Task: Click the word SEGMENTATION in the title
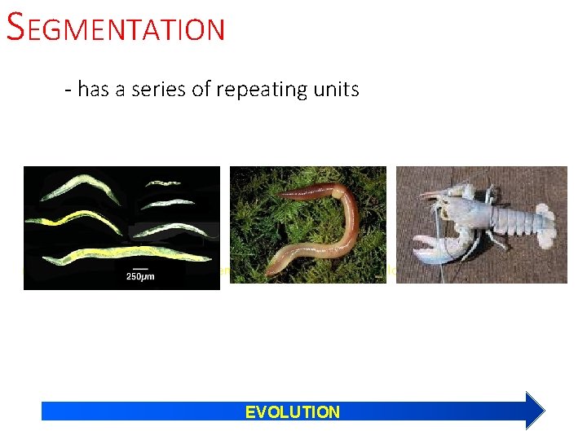click(115, 29)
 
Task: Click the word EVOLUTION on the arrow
click(292, 411)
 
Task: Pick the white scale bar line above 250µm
click(139, 267)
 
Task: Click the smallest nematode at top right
click(162, 183)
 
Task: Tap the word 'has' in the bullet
click(93, 89)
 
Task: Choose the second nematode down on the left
click(73, 218)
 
